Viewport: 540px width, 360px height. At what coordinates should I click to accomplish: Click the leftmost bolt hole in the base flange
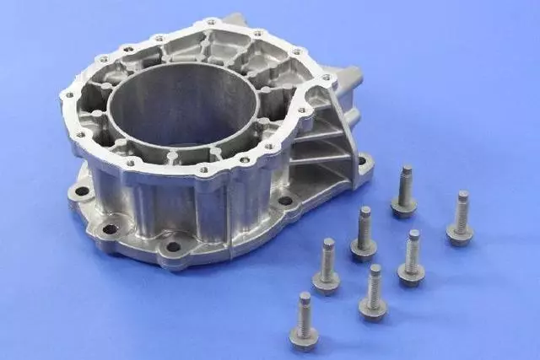click(x=82, y=191)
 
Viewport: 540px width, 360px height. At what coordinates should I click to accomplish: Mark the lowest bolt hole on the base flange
click(x=173, y=247)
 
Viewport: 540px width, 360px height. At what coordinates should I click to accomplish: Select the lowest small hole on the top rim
click(x=202, y=169)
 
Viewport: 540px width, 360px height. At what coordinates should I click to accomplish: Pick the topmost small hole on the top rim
click(x=211, y=21)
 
